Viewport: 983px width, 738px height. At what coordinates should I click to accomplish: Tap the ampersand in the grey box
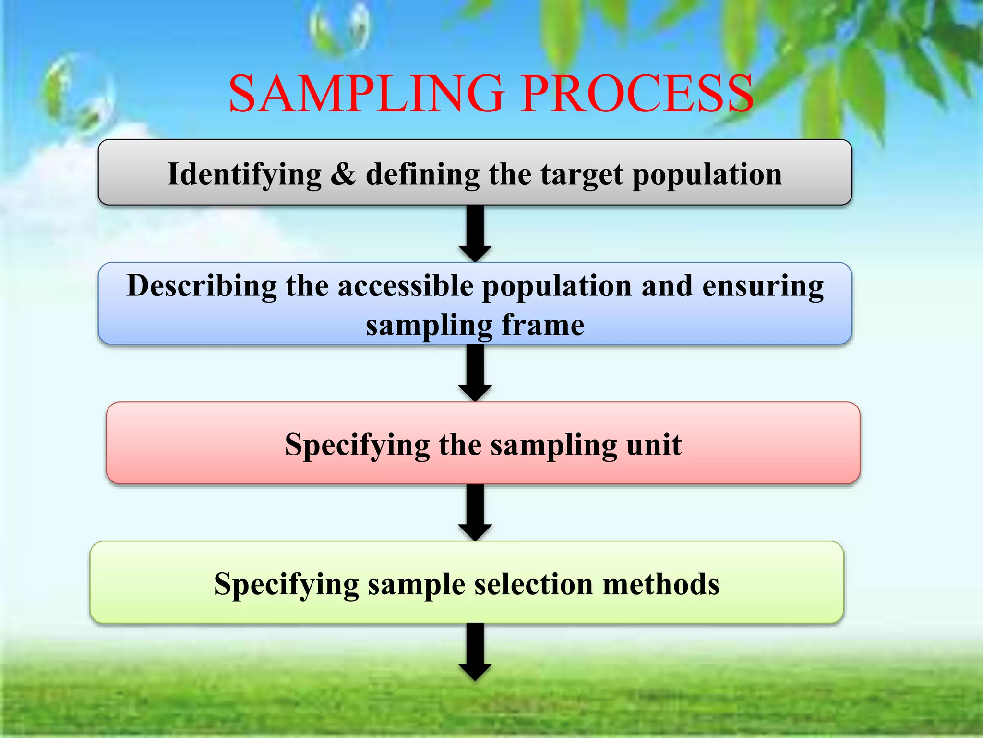coord(343,174)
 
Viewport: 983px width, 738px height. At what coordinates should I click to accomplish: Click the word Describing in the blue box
coord(202,286)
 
